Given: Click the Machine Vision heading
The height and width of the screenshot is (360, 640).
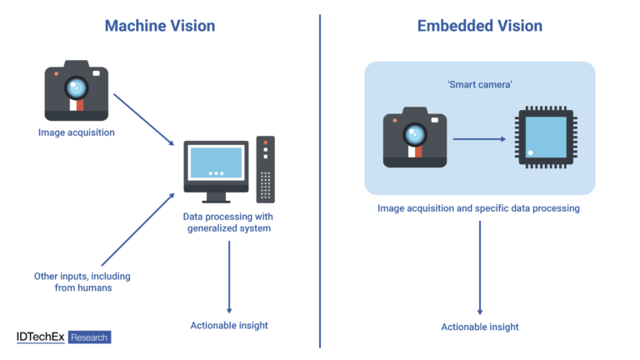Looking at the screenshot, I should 160,26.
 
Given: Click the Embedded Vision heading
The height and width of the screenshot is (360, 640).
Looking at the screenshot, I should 479,26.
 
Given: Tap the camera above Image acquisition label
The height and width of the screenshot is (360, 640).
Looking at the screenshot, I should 77,90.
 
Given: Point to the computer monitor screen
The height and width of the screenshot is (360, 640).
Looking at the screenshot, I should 216,162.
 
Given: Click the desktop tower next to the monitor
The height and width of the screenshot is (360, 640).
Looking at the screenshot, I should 266,169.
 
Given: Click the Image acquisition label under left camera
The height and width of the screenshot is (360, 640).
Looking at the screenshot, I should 76,132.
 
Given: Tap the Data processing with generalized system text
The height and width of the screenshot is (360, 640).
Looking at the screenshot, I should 227,222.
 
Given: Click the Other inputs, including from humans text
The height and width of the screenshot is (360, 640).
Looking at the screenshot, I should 82,282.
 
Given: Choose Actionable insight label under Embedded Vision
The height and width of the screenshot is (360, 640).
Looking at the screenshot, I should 480,327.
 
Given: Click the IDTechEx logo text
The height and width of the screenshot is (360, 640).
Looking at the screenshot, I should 40,337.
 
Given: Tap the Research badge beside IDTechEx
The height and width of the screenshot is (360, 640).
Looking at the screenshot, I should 89,337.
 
